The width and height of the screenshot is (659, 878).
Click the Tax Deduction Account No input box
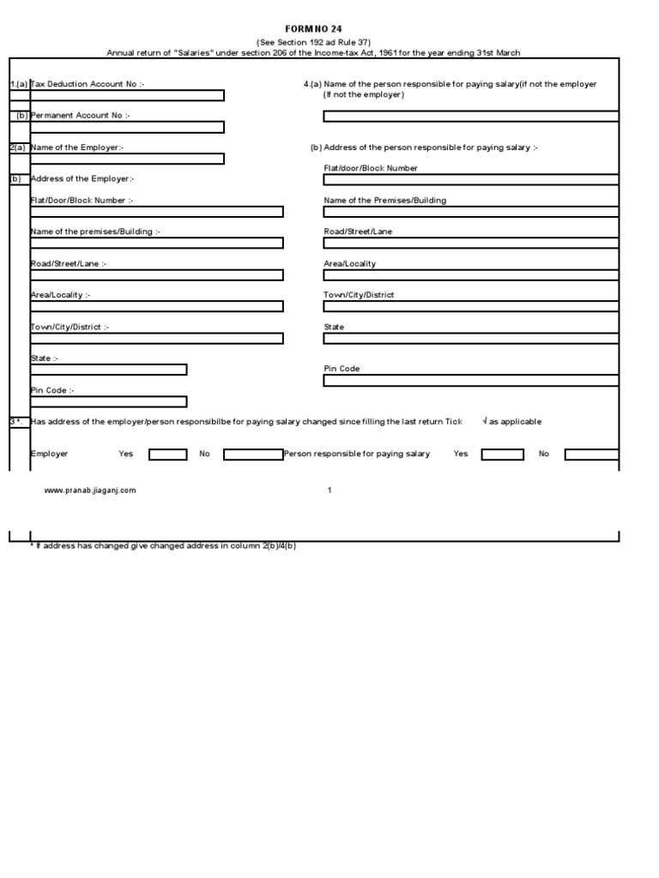pos(127,96)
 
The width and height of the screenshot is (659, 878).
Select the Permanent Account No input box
pos(127,127)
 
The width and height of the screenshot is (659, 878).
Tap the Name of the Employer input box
pos(127,159)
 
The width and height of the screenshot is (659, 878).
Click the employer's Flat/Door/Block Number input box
pos(156,212)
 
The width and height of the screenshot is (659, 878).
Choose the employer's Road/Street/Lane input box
pos(156,275)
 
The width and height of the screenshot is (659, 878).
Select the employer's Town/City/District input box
pos(156,338)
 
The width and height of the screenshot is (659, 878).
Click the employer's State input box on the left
pos(108,370)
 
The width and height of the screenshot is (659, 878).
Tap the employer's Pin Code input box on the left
pos(108,401)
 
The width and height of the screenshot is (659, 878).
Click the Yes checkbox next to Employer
pos(167,454)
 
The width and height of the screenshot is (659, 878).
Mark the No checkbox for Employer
pos(253,454)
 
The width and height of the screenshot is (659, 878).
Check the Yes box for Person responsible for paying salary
pos(502,454)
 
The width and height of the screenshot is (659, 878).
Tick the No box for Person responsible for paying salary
pos(591,454)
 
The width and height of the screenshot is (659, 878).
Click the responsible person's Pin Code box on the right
pos(470,381)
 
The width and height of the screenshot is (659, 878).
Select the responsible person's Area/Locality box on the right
pos(470,275)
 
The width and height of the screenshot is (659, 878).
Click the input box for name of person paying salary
pos(470,116)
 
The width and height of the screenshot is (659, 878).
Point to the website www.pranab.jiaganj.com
pos(90,490)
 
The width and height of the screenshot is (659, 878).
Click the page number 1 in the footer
pos(329,490)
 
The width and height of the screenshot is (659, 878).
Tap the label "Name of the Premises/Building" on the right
pos(384,201)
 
